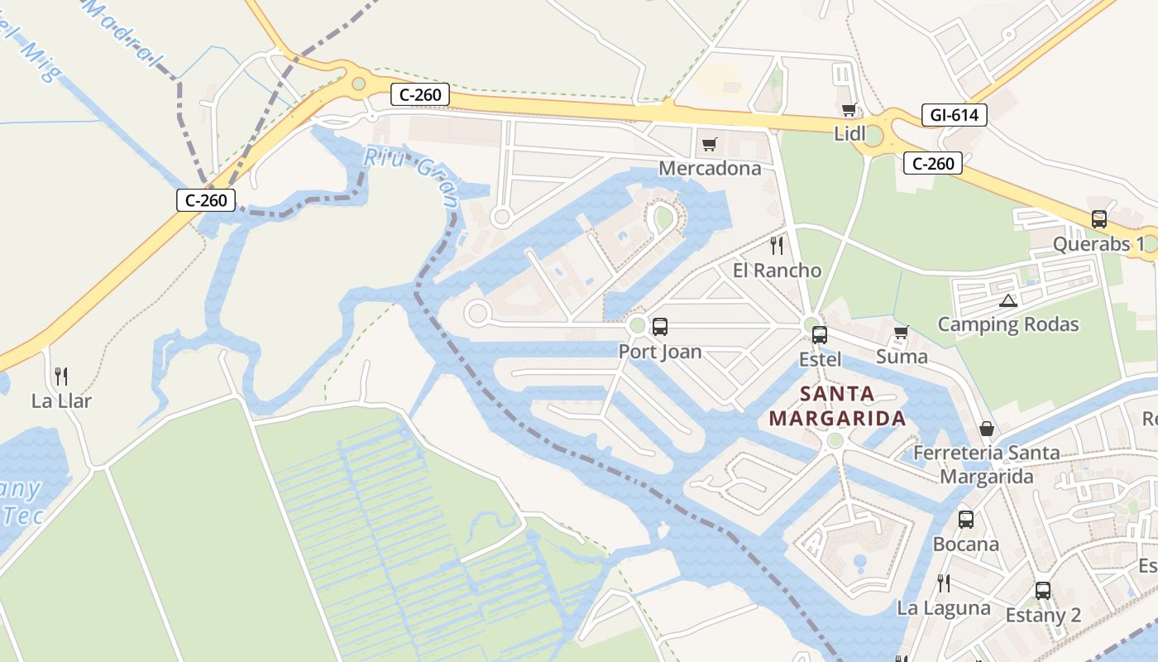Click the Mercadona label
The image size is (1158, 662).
point(710,169)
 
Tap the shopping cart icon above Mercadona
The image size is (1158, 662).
point(709,146)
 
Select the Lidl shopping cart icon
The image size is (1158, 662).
point(849,110)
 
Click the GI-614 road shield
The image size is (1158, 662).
point(954,115)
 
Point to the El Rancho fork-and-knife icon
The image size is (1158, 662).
point(776,245)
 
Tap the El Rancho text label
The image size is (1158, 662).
point(777,271)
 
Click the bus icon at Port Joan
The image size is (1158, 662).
point(659,327)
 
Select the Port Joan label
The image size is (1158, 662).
point(660,352)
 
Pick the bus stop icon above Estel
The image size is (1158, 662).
point(820,335)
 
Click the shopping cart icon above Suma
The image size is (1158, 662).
point(901,333)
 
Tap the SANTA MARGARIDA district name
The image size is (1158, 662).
point(837,405)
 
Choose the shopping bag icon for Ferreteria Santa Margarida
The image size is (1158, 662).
point(987,429)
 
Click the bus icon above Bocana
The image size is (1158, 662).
point(965,520)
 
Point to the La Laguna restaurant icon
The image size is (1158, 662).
point(943,583)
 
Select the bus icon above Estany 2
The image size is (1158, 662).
point(1043,591)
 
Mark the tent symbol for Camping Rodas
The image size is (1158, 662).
point(1007,300)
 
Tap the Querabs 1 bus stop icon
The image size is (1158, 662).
point(1098,219)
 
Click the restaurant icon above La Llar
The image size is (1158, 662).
point(61,377)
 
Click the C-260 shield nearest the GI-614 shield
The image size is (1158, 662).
point(933,163)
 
